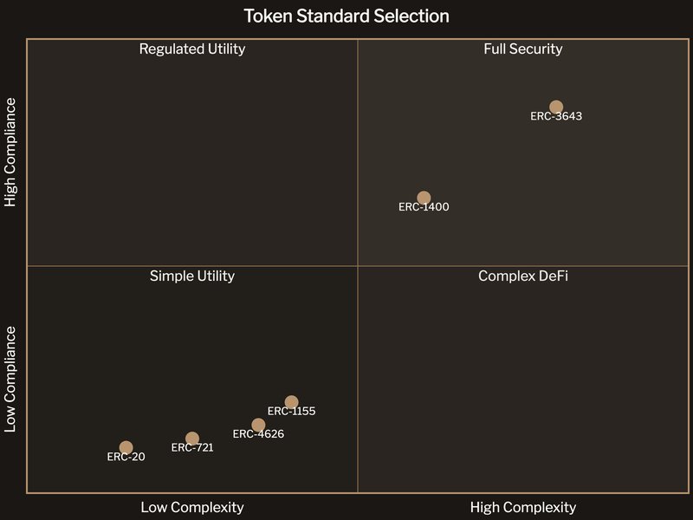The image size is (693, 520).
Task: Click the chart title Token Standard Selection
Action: click(346, 16)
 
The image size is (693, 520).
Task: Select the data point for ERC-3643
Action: click(556, 107)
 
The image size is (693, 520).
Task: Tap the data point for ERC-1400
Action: click(424, 198)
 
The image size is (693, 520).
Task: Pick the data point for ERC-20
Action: click(126, 448)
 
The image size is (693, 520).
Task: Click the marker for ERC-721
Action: click(192, 439)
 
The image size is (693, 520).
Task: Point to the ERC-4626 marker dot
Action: click(258, 425)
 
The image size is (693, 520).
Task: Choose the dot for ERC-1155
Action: click(291, 402)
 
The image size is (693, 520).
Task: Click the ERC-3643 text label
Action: click(556, 117)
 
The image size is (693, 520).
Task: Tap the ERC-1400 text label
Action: click(424, 207)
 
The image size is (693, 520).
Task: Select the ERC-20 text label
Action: click(126, 458)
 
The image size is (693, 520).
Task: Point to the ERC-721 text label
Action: click(192, 448)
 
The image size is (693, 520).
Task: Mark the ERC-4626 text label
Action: click(258, 434)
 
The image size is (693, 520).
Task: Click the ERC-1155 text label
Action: click(291, 412)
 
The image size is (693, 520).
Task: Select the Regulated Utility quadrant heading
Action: click(192, 49)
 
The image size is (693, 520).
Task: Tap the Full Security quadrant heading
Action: click(523, 49)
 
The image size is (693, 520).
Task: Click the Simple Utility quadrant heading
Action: click(192, 276)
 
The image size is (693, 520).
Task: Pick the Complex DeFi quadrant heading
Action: click(523, 276)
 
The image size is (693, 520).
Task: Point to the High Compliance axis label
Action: click(11, 153)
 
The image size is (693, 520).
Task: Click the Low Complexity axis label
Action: click(192, 508)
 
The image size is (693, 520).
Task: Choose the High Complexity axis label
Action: click(523, 508)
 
